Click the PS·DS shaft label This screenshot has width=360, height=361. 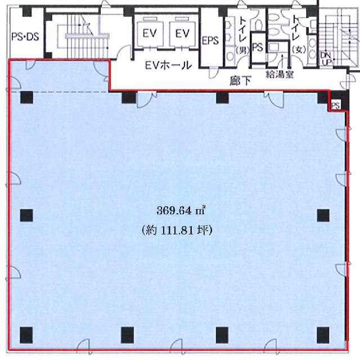pos(25,37)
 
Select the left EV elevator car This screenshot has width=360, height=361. pos(150,33)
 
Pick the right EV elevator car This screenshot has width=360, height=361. pos(182,33)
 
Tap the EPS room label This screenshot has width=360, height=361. pos(210,40)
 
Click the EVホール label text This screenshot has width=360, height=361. pos(168,65)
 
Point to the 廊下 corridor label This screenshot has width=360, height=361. pos(240,81)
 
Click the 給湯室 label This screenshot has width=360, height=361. pos(280,74)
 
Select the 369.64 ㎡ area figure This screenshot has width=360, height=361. pos(181,210)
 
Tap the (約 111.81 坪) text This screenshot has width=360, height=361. pos(177,230)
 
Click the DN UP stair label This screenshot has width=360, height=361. pos(326,59)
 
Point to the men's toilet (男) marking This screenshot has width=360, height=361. pos(242,50)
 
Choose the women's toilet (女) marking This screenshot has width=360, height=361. pos(299,49)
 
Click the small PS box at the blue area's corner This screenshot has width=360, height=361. pos(336,106)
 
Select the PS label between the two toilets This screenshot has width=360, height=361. pos(258,47)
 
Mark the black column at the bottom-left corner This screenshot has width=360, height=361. pos(26,335)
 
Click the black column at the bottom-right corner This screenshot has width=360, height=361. pos(323,335)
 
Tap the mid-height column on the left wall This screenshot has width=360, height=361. pos(26,215)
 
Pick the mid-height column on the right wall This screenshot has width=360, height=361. pos(323,215)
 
